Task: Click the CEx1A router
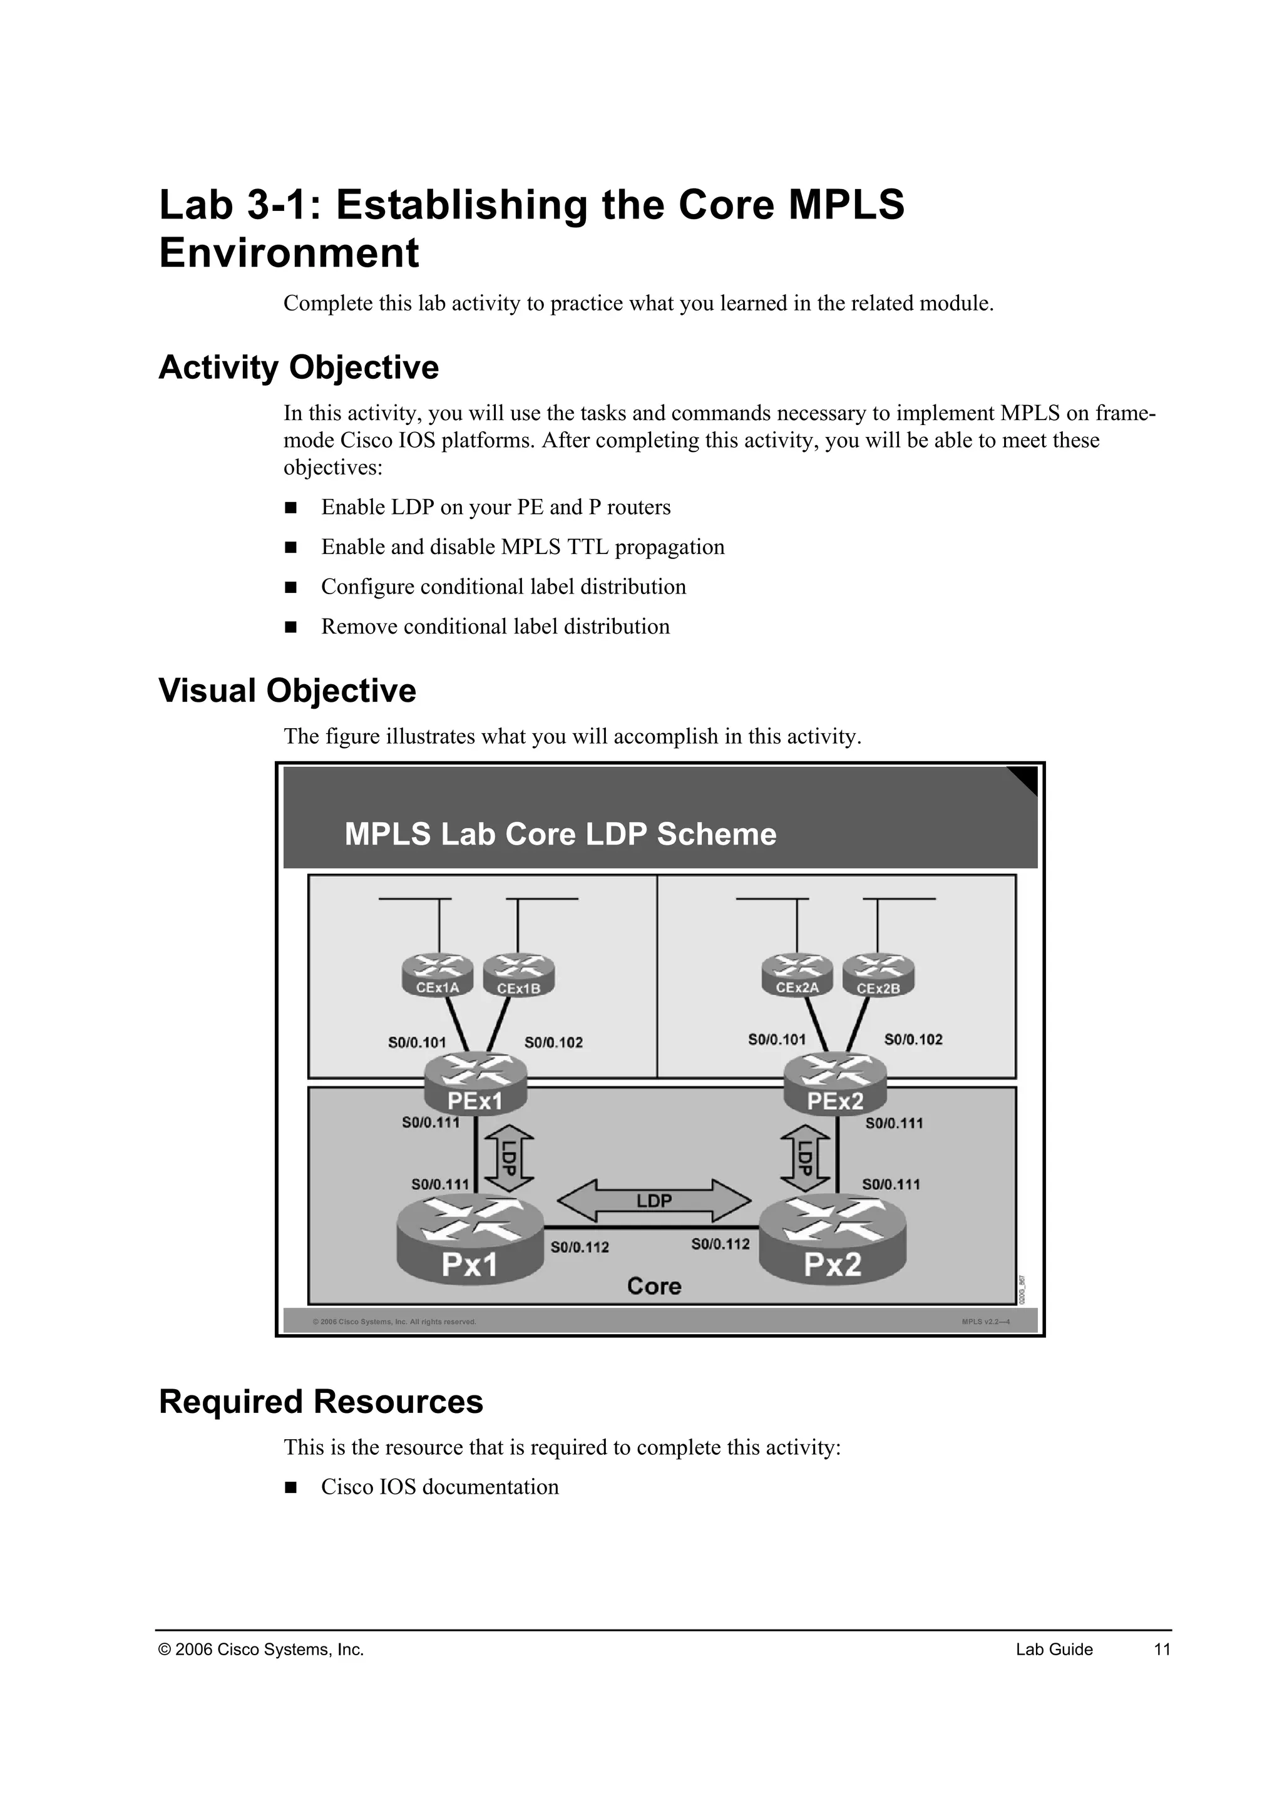coord(438,976)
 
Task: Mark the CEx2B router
coord(878,976)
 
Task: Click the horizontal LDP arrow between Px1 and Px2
coord(654,1201)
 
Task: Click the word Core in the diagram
coord(654,1287)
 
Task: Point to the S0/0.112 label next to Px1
coord(580,1248)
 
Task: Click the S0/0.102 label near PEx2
coord(913,1039)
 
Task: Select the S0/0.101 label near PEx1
coord(417,1042)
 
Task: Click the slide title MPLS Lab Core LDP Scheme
coord(560,834)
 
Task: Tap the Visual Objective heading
coord(287,690)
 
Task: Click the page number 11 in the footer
coord(1162,1650)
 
